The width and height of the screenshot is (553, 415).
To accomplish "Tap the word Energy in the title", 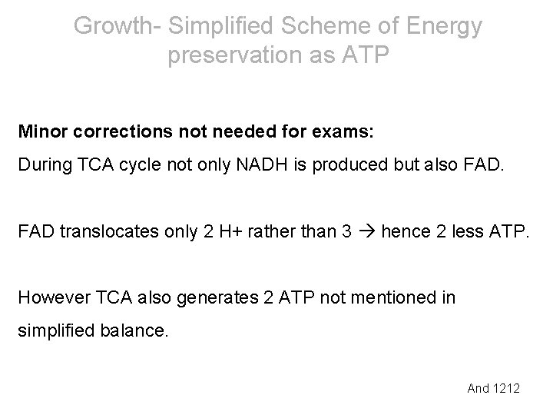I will pos(444,27).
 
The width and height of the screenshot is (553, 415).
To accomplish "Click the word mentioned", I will pos(400,297).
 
